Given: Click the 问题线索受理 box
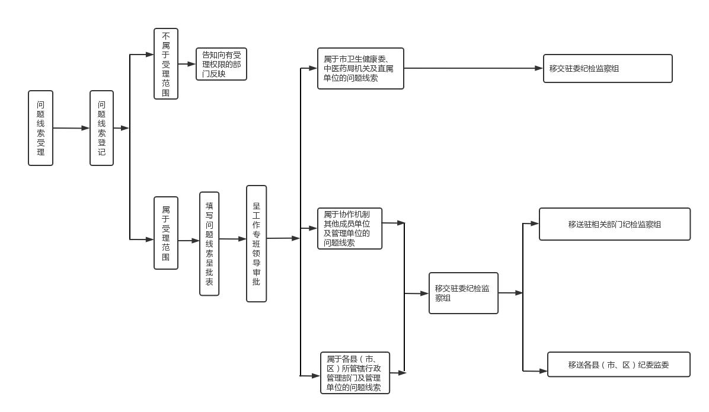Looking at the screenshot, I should click(40, 128).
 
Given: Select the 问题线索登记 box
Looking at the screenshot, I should click(101, 128).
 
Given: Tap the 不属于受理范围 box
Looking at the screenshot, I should click(166, 63).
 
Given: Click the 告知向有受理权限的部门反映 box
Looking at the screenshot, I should click(221, 64).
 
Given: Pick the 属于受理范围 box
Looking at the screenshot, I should click(166, 233).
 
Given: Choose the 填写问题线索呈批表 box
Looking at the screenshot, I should click(209, 244).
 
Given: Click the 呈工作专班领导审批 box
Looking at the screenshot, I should click(256, 244).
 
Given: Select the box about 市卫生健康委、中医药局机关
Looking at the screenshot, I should click(360, 69).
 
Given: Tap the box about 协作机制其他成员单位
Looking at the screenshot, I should click(350, 228).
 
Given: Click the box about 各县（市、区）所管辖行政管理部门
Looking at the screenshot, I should click(355, 373).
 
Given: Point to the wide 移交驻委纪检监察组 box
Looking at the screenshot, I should click(608, 69).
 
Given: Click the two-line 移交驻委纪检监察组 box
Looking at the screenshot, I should click(464, 293).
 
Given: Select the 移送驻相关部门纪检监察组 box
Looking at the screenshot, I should click(615, 224).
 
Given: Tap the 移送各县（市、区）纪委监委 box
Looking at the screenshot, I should click(618, 365).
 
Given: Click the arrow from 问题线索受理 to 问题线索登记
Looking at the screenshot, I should click(71, 128).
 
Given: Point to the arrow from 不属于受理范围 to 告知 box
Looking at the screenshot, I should click(187, 64).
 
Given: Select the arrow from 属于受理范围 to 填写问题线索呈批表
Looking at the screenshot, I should click(189, 241).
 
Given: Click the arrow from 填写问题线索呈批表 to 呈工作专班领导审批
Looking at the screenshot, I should click(232, 239).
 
